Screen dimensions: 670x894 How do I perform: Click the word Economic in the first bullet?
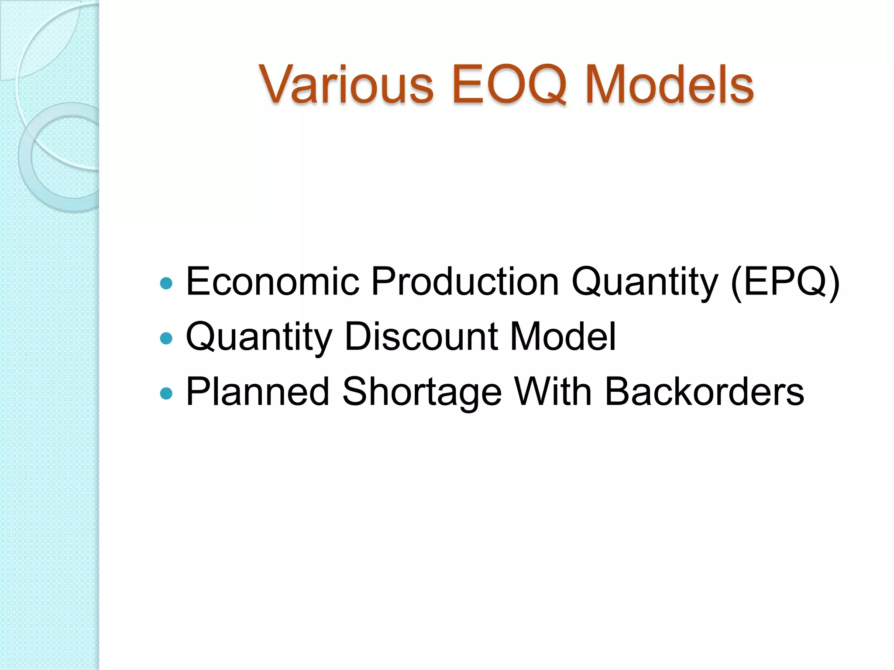272,281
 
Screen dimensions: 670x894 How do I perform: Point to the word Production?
465,281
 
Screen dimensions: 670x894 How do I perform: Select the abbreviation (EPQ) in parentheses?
785,282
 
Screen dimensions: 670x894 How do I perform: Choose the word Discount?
421,336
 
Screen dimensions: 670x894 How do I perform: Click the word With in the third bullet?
553,391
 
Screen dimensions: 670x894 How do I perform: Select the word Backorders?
704,391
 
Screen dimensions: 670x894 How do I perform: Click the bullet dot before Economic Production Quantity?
166,284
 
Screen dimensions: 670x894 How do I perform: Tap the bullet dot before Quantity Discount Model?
166,338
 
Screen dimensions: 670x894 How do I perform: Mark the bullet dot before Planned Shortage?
166,393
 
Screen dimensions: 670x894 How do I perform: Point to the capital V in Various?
278,84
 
